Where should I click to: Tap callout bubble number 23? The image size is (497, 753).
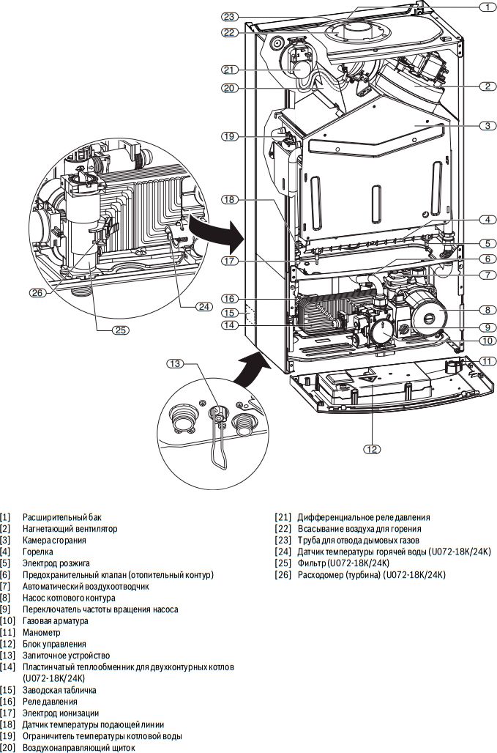pos(230,16)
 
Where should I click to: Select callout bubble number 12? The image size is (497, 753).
pos(371,449)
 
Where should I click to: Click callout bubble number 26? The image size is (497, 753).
pos(37,292)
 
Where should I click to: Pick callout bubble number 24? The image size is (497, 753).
pos(204,307)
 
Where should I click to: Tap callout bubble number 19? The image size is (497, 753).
pos(230,136)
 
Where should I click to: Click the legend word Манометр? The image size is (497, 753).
pos(41,632)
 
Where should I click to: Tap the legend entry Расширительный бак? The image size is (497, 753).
pos(61,517)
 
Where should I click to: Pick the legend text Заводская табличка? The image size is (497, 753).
pos(59,690)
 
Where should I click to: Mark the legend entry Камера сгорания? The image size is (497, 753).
pos(53,540)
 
